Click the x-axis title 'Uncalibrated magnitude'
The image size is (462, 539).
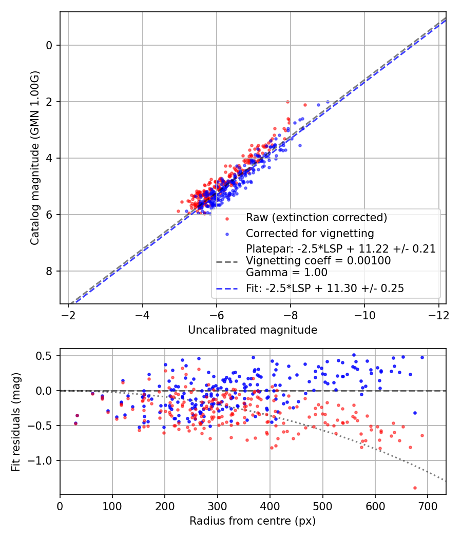pos(253,330)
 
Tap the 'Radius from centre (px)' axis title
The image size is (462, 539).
pos(253,521)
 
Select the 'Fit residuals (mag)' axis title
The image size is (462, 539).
pos(16,421)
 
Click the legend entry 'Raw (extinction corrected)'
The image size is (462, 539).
pos(316,217)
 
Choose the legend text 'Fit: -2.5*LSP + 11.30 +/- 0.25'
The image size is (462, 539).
pos(325,288)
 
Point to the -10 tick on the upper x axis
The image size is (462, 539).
pos(364,314)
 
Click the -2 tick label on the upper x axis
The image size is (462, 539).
pos(68,314)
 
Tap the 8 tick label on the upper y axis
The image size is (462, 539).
pos(50,271)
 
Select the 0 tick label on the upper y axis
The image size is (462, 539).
pos(50,45)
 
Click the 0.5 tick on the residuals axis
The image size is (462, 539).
pos(45,356)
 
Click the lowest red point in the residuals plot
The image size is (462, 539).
pos(415,488)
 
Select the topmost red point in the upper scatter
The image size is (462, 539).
pos(287,102)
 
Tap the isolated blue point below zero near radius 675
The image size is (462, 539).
pos(414,413)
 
